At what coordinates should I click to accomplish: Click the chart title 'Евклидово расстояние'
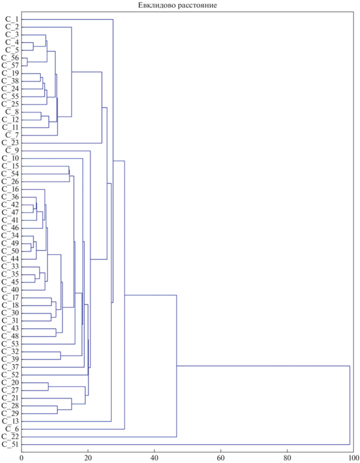[x=178, y=5]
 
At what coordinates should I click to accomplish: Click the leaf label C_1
[x=12, y=20]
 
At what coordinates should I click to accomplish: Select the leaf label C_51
[x=10, y=445]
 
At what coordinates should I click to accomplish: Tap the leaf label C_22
[x=10, y=437]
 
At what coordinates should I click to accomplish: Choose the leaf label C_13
[x=10, y=422]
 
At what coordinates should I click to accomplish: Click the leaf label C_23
[x=10, y=143]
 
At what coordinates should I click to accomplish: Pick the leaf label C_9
[x=12, y=150]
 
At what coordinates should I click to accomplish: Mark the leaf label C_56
[x=10, y=58]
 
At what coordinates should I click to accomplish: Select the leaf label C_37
[x=10, y=367]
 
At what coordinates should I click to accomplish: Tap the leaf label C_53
[x=10, y=344]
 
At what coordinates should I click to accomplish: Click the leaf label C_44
[x=10, y=259]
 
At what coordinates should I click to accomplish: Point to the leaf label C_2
[x=12, y=27]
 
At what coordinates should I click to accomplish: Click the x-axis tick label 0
[x=21, y=458]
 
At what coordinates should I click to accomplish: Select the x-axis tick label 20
[x=88, y=458]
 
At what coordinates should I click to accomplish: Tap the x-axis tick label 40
[x=154, y=458]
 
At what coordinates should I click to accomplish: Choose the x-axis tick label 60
[x=221, y=458]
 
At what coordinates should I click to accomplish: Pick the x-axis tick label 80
[x=287, y=458]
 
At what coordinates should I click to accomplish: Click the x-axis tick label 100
[x=353, y=458]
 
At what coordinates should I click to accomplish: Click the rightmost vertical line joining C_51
[x=350, y=405]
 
